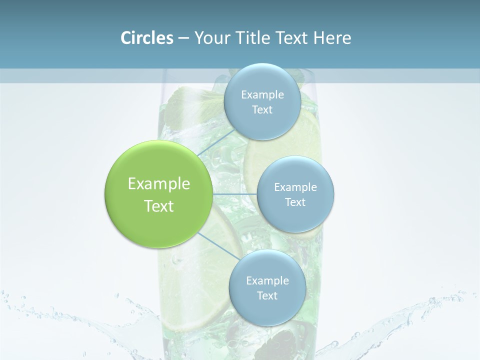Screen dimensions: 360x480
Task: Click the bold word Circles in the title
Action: (x=146, y=38)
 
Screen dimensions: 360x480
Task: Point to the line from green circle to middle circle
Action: (x=235, y=194)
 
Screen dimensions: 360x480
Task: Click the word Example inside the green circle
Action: (x=158, y=184)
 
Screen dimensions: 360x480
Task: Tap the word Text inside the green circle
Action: (x=158, y=206)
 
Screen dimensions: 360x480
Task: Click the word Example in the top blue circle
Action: (x=262, y=95)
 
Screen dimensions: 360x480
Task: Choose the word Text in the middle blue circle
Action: (x=295, y=202)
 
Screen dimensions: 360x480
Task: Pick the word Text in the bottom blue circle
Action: (x=267, y=296)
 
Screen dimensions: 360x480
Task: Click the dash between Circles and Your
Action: (x=183, y=38)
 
